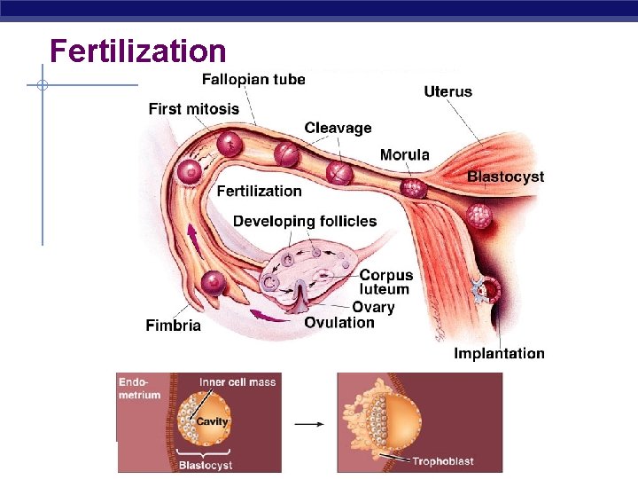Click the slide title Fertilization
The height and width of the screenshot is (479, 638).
point(137,51)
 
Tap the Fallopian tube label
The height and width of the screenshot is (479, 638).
point(253,79)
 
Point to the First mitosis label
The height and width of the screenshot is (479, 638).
point(193,109)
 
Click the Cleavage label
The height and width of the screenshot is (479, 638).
point(338,128)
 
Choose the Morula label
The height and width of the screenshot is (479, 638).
point(404,154)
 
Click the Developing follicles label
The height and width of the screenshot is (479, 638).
point(304,221)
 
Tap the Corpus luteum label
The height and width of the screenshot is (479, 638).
point(385,282)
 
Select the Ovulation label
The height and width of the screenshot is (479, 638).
point(339,322)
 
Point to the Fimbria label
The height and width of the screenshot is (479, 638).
point(173,326)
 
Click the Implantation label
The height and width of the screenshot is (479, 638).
point(499,353)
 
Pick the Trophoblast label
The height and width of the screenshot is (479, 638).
point(447,461)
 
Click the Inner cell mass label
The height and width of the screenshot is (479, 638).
point(237,382)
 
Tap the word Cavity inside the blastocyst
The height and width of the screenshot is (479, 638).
point(213,421)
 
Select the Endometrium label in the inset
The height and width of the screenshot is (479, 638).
point(139,389)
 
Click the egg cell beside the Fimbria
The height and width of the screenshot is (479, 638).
point(213,283)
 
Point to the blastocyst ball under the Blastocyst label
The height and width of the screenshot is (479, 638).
point(479,215)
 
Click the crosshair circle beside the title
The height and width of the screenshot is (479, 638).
point(42,86)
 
